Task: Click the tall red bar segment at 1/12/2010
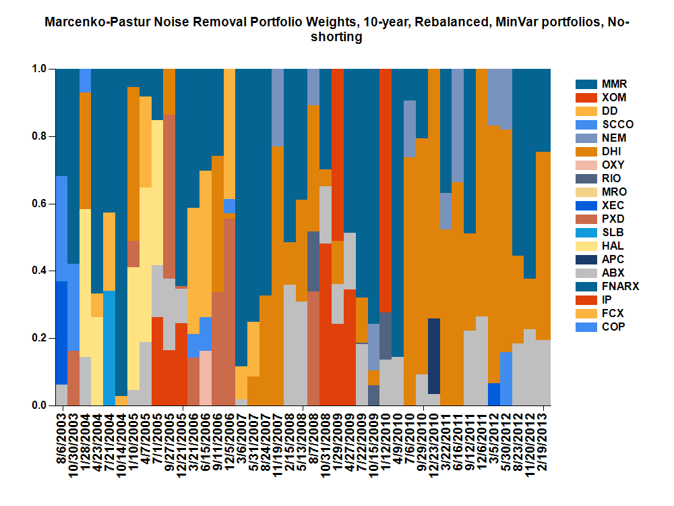(x=386, y=189)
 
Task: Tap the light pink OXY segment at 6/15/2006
(x=206, y=378)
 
